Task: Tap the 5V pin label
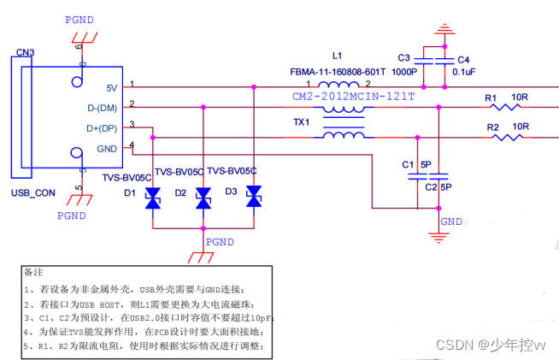click(111, 87)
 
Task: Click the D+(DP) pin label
click(103, 128)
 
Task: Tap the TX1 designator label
click(302, 121)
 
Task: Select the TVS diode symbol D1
click(153, 198)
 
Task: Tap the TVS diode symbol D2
click(203, 198)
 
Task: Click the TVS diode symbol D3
click(254, 198)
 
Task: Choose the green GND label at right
click(450, 221)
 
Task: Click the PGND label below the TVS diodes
click(220, 242)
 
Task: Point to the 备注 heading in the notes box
click(34, 272)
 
